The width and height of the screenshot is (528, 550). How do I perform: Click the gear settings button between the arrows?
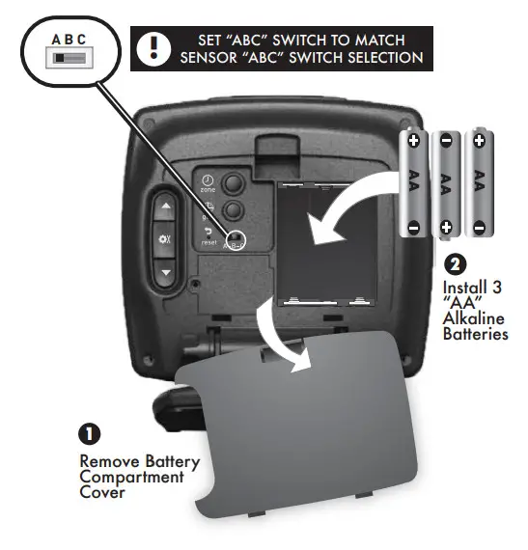(164, 238)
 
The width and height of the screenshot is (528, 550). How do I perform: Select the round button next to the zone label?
(233, 183)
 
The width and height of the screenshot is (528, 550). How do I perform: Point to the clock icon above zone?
(207, 179)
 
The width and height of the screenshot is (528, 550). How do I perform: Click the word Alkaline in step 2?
(474, 318)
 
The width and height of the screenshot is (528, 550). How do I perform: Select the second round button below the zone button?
(233, 211)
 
